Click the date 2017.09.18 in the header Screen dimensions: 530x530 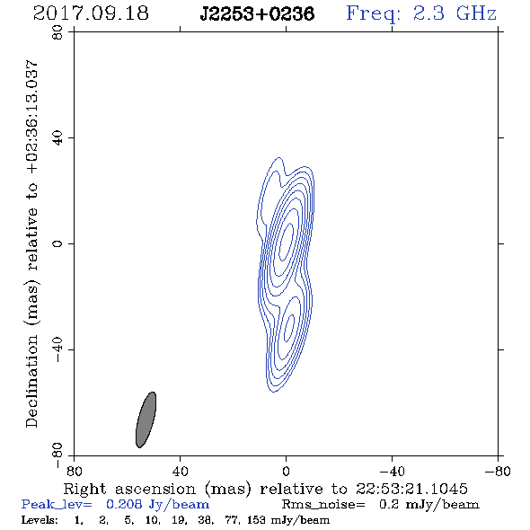91,13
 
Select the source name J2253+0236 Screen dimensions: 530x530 257,14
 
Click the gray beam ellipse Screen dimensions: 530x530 146,420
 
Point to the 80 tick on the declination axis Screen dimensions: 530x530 58,32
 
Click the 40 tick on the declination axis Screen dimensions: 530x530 58,138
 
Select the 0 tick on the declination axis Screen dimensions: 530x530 58,243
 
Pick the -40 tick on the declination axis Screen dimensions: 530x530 58,349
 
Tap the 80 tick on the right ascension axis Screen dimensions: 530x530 74,472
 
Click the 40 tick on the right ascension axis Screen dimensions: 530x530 181,472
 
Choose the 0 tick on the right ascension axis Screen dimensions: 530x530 286,472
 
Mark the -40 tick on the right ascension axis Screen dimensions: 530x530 392,472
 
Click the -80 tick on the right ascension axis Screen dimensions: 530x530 498,472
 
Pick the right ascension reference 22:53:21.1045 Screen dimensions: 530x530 411,489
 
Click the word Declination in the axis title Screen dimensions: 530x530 31,381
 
